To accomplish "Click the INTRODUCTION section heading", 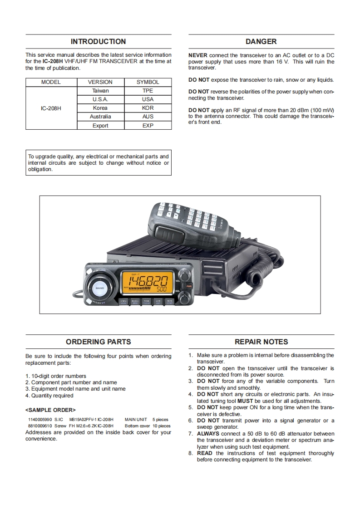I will coord(98,42).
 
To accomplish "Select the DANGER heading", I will coord(261,42).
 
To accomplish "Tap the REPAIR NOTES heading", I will coord(261,342).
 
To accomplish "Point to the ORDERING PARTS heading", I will coord(98,342).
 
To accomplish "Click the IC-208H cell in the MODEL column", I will coord(51,108).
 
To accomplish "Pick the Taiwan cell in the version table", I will coord(100,91).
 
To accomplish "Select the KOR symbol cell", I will coord(148,108).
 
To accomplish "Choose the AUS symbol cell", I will coord(148,117).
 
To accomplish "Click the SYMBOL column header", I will coord(148,82).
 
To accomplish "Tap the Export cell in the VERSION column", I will coord(100,125).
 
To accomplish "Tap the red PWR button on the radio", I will coord(189,286).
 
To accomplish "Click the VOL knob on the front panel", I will coord(183,276).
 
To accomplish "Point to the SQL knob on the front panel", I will coord(183,297).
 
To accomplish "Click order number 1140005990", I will coord(40,420).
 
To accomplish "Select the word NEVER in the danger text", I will coord(198,55).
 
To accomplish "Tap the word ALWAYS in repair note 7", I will coord(208,434).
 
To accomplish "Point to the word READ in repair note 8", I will coord(205,453).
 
